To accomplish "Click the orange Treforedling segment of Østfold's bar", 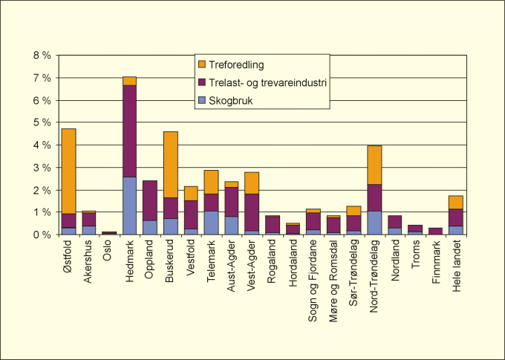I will (68, 171).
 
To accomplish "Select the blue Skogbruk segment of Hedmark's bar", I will (129, 206).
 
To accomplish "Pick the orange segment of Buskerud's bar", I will (170, 164).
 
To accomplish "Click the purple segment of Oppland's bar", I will (150, 200).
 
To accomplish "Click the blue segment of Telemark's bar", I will (211, 223).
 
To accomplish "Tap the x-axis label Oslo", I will (110, 252).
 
